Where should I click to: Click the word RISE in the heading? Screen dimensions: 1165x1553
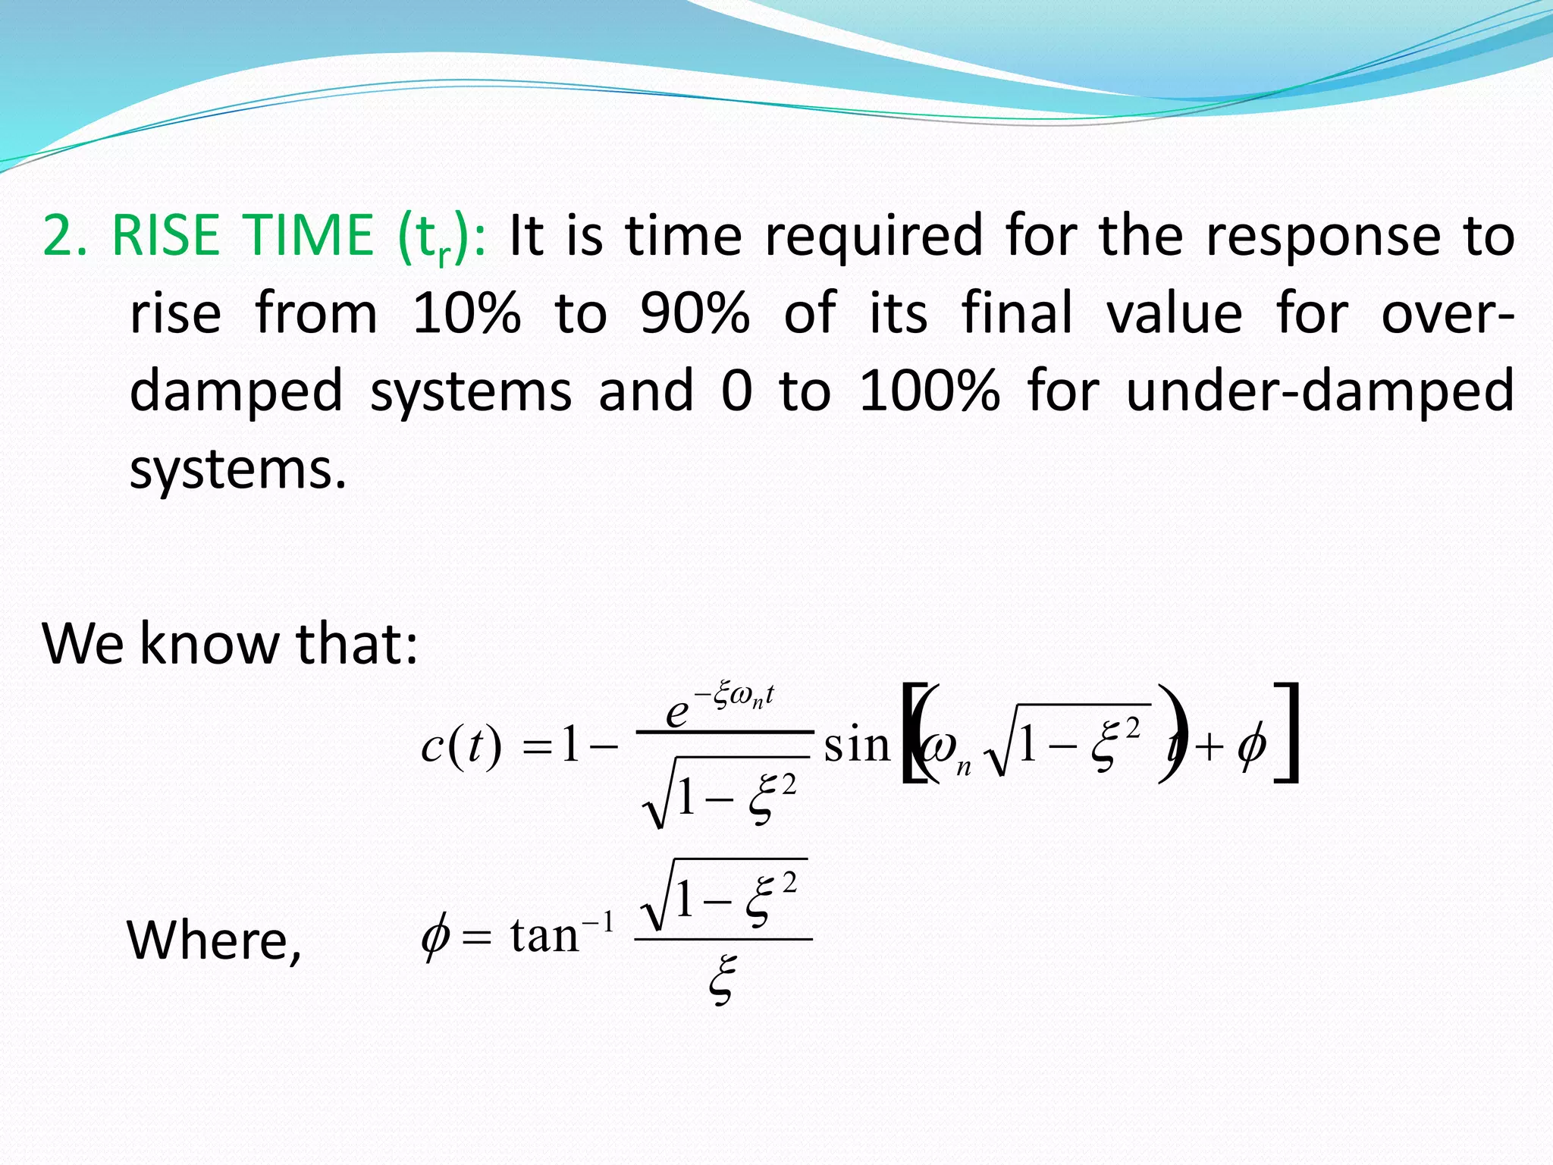tap(165, 235)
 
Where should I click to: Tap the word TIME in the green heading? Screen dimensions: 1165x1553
tap(307, 235)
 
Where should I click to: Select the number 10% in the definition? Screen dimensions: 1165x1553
tap(466, 313)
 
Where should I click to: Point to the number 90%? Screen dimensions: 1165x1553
tap(695, 313)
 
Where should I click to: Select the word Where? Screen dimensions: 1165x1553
tap(214, 940)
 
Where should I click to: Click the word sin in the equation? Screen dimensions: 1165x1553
tap(857, 746)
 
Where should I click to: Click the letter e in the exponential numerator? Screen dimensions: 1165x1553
tap(676, 713)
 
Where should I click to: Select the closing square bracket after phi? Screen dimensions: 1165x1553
tap(1288, 733)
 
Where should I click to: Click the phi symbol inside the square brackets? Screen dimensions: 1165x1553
tap(1251, 746)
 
